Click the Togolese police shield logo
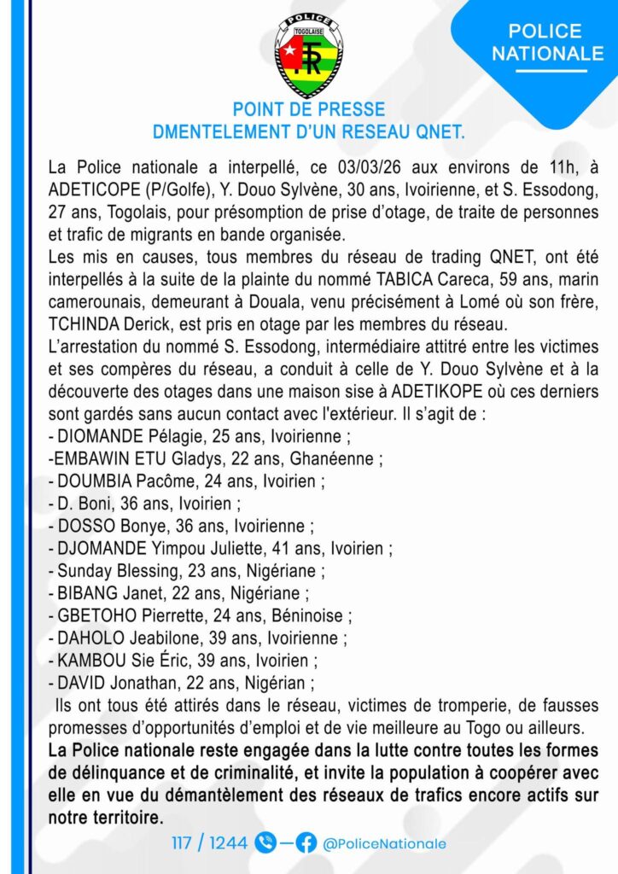coord(309,54)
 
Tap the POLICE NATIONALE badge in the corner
coord(547,42)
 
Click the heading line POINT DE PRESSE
coord(309,110)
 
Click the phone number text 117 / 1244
coord(209,843)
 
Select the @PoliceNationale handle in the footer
coord(384,843)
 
